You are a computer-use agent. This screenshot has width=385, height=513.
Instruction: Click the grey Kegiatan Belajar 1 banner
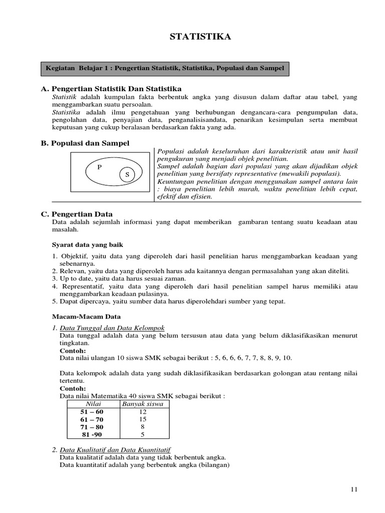165,67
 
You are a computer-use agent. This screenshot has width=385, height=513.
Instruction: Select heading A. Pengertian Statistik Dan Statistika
111,89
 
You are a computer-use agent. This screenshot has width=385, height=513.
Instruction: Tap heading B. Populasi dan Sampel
85,143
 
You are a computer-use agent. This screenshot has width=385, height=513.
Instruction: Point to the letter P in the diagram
99,167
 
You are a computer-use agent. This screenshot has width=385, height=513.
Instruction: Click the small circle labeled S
127,174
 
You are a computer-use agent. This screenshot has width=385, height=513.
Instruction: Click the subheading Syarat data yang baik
87,244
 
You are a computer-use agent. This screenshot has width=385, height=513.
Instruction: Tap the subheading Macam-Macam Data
86,317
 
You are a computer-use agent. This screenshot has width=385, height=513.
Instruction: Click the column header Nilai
93,404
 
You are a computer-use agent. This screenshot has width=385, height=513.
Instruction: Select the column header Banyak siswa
143,404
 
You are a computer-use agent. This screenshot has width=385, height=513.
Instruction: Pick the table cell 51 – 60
93,411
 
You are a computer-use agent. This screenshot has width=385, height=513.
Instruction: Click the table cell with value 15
143,419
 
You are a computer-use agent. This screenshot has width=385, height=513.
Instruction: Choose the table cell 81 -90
93,435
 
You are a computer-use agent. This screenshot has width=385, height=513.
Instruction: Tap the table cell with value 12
143,411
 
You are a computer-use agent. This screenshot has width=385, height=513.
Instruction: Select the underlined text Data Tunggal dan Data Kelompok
112,328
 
